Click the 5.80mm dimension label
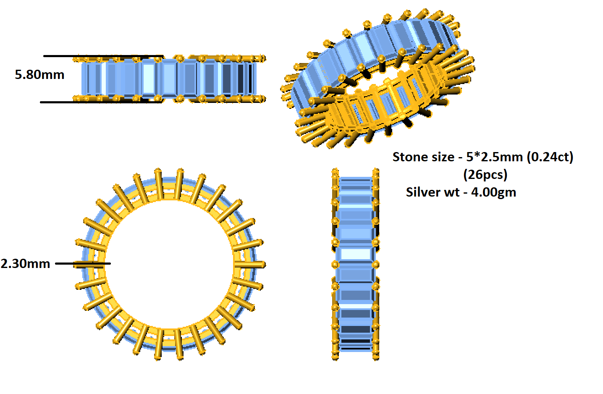pos(39,75)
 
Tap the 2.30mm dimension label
pos(26,264)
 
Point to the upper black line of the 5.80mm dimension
pos(103,56)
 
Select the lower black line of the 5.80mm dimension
pos(101,102)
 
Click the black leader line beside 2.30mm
pos(83,264)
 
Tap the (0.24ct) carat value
pos(550,157)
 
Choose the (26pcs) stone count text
pos(485,174)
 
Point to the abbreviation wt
pos(452,192)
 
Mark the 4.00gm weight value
pos(493,192)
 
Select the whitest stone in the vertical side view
pos(355,254)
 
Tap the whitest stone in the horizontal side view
pos(148,79)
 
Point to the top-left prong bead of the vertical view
pos(335,171)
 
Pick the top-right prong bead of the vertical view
pos(376,171)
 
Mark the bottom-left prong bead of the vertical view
pos(335,357)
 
